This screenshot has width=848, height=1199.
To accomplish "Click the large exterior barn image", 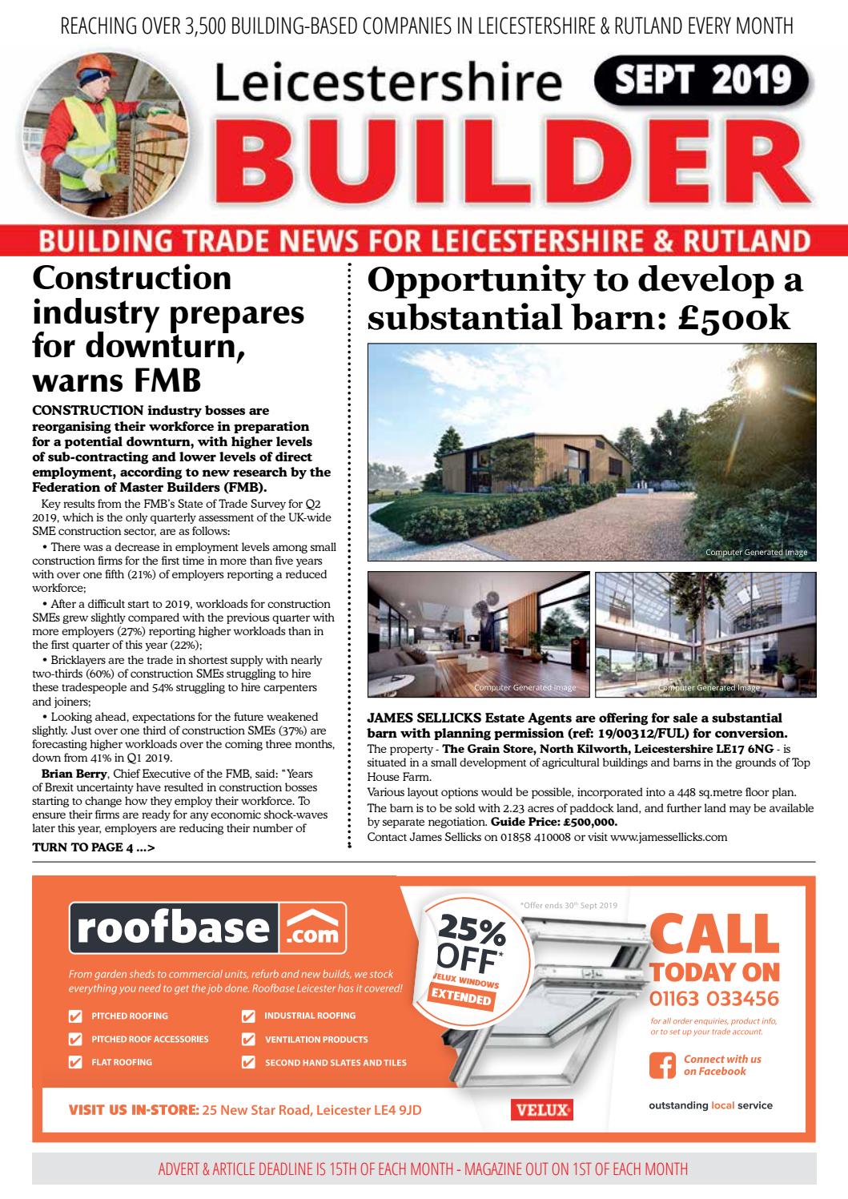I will point(592,452).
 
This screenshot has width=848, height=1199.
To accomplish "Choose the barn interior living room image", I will point(478,634).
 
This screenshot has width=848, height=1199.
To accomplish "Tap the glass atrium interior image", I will point(705,634).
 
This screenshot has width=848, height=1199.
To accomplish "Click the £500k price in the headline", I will point(734,317).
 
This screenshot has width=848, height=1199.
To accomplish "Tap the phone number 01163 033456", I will point(713,999).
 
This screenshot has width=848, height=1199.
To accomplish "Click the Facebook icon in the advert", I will point(661,1064).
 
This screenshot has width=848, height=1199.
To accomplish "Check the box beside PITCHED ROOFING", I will point(76,1016).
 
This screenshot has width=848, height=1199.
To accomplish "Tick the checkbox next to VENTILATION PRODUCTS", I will point(249,1040).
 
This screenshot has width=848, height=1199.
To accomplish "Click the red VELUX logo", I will point(541,1110).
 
